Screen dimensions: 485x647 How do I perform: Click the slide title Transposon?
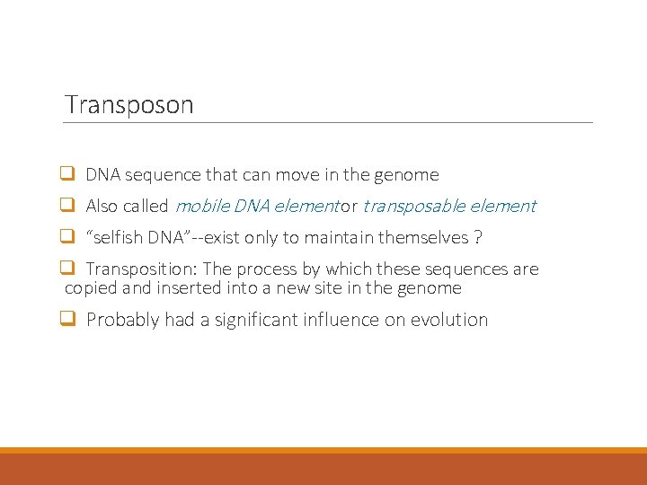click(x=129, y=104)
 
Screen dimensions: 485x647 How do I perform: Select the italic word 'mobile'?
click(x=199, y=207)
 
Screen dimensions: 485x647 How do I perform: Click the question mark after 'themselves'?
click(x=477, y=238)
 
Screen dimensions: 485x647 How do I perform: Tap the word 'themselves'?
click(x=423, y=238)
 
